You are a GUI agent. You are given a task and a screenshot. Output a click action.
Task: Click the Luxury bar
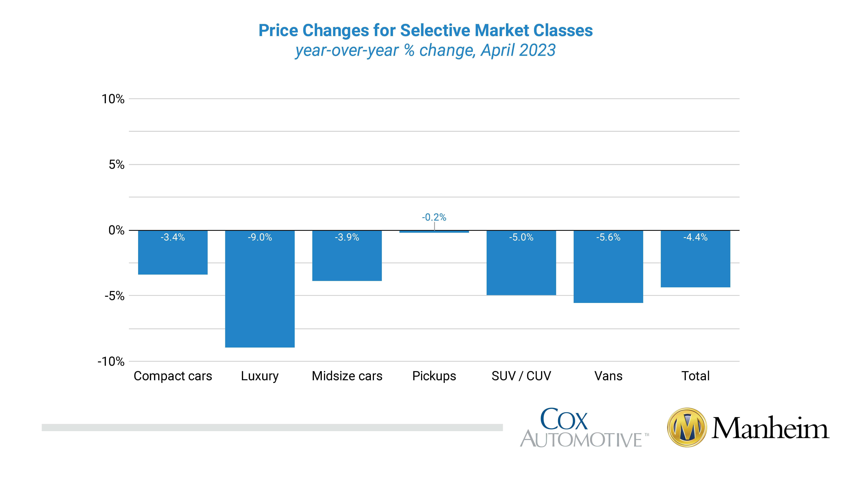point(260,289)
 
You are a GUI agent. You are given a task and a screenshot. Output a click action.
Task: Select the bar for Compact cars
point(173,252)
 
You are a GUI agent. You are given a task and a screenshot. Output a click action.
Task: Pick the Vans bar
point(608,267)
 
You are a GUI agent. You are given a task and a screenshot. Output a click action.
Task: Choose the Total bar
point(695,259)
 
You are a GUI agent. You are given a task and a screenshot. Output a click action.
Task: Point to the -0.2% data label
point(434,217)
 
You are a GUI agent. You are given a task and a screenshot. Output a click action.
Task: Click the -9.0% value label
point(260,237)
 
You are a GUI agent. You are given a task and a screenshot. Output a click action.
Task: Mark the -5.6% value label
point(608,237)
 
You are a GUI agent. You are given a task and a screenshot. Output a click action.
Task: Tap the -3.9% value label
point(347,237)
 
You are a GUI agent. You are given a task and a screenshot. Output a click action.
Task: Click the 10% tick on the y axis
point(113,99)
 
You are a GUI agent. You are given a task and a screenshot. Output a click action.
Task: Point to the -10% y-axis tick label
point(111,361)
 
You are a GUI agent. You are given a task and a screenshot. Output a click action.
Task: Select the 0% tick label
point(116,230)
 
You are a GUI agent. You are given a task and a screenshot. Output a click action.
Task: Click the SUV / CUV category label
point(521,376)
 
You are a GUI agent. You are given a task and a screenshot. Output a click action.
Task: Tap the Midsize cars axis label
point(347,376)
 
